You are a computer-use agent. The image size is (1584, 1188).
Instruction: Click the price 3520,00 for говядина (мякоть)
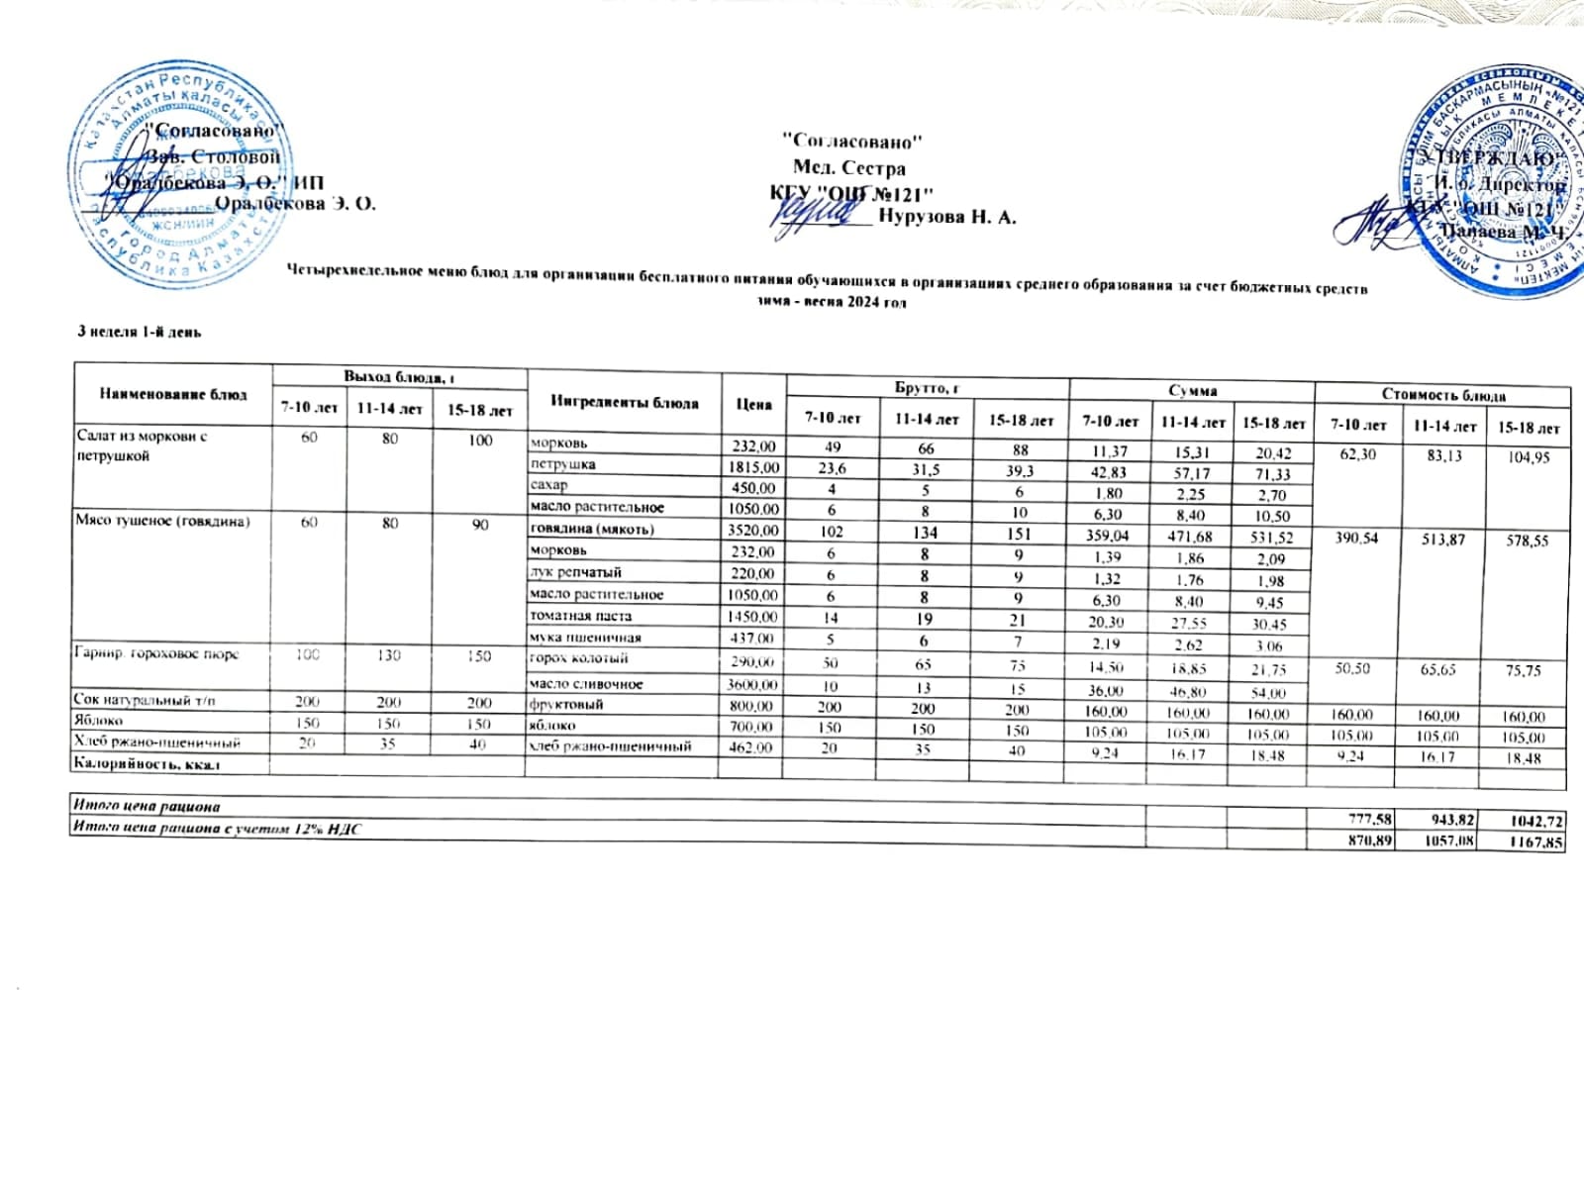point(752,531)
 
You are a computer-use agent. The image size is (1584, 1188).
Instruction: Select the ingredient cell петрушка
point(562,464)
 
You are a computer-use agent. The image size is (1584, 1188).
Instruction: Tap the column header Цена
point(753,404)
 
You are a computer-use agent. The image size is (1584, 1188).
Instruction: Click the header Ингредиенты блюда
point(624,402)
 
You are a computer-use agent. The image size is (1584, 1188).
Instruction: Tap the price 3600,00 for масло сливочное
point(752,684)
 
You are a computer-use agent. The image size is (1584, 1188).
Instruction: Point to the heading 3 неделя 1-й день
point(140,333)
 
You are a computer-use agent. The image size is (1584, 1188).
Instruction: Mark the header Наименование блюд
point(173,394)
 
